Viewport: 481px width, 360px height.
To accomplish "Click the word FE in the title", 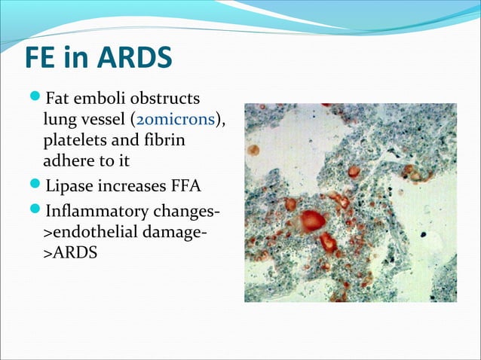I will [x=41, y=58].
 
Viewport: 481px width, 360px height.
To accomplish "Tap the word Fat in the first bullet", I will [x=59, y=99].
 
